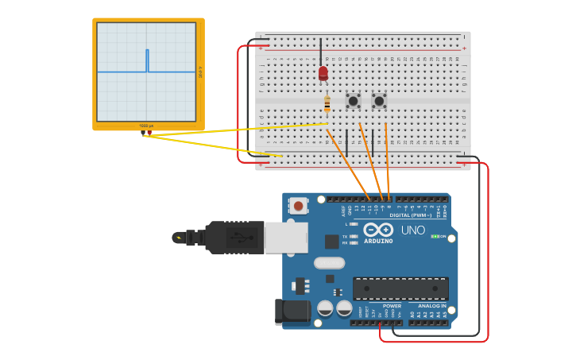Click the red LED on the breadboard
point(323,73)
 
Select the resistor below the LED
point(327,103)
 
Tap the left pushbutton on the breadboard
point(354,101)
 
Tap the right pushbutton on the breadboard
point(379,101)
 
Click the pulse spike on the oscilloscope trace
point(147,60)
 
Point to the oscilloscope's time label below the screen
point(146,126)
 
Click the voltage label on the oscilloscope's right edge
point(200,72)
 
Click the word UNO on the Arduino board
point(412,230)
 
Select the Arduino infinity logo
point(378,230)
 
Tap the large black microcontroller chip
point(400,288)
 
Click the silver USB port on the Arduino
point(285,237)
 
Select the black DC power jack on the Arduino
point(292,312)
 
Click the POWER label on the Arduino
point(392,306)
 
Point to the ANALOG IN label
point(427,306)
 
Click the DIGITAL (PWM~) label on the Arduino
point(410,215)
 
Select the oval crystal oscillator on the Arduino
point(329,263)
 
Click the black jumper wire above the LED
point(321,51)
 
